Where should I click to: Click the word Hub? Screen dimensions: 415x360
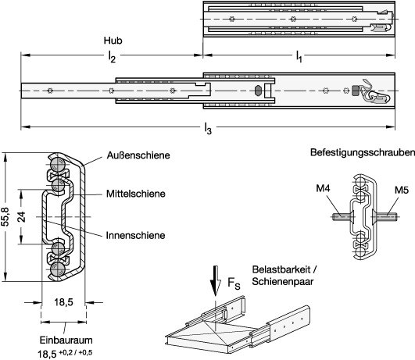(113, 41)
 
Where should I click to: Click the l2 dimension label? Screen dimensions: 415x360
(112, 56)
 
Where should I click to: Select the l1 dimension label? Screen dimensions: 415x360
(299, 56)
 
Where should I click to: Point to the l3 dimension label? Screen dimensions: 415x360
(208, 129)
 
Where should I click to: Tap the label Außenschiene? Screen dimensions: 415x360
(138, 155)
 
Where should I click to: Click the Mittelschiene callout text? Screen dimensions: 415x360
(136, 194)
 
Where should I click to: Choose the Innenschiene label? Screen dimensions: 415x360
(135, 235)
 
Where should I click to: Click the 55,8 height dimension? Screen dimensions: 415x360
(5, 217)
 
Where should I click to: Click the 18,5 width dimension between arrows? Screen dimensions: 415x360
(63, 301)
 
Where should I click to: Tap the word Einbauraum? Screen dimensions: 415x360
(66, 340)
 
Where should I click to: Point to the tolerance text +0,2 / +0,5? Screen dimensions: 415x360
(76, 352)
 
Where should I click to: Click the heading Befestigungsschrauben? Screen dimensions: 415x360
(363, 152)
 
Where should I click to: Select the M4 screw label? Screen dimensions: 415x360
(323, 188)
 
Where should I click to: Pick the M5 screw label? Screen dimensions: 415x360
(402, 190)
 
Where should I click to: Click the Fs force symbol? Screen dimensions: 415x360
(234, 283)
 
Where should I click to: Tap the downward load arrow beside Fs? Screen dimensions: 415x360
(216, 281)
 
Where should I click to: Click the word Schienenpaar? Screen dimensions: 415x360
(283, 281)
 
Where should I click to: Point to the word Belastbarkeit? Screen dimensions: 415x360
(281, 269)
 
